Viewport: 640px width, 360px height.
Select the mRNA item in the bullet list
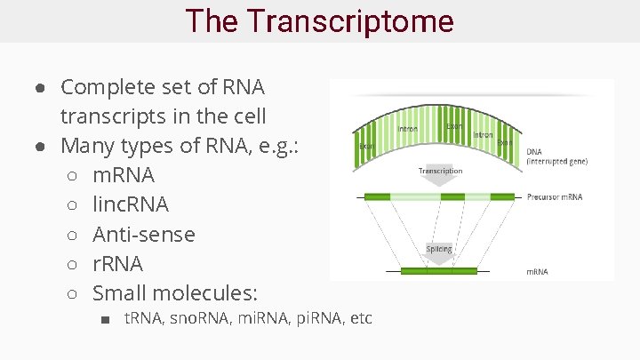point(123,175)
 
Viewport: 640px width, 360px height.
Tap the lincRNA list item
point(130,204)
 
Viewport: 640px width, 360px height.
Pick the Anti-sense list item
point(143,235)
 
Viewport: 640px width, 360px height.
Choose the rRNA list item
point(117,264)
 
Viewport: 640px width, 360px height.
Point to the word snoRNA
point(196,318)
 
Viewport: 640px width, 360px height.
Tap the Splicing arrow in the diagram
point(439,251)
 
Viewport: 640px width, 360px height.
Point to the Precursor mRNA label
point(555,197)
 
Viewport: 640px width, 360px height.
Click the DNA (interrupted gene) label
point(556,157)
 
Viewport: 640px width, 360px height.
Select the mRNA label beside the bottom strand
point(538,271)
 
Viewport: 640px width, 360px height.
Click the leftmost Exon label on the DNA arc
point(366,146)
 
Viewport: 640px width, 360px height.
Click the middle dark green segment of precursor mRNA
point(452,196)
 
